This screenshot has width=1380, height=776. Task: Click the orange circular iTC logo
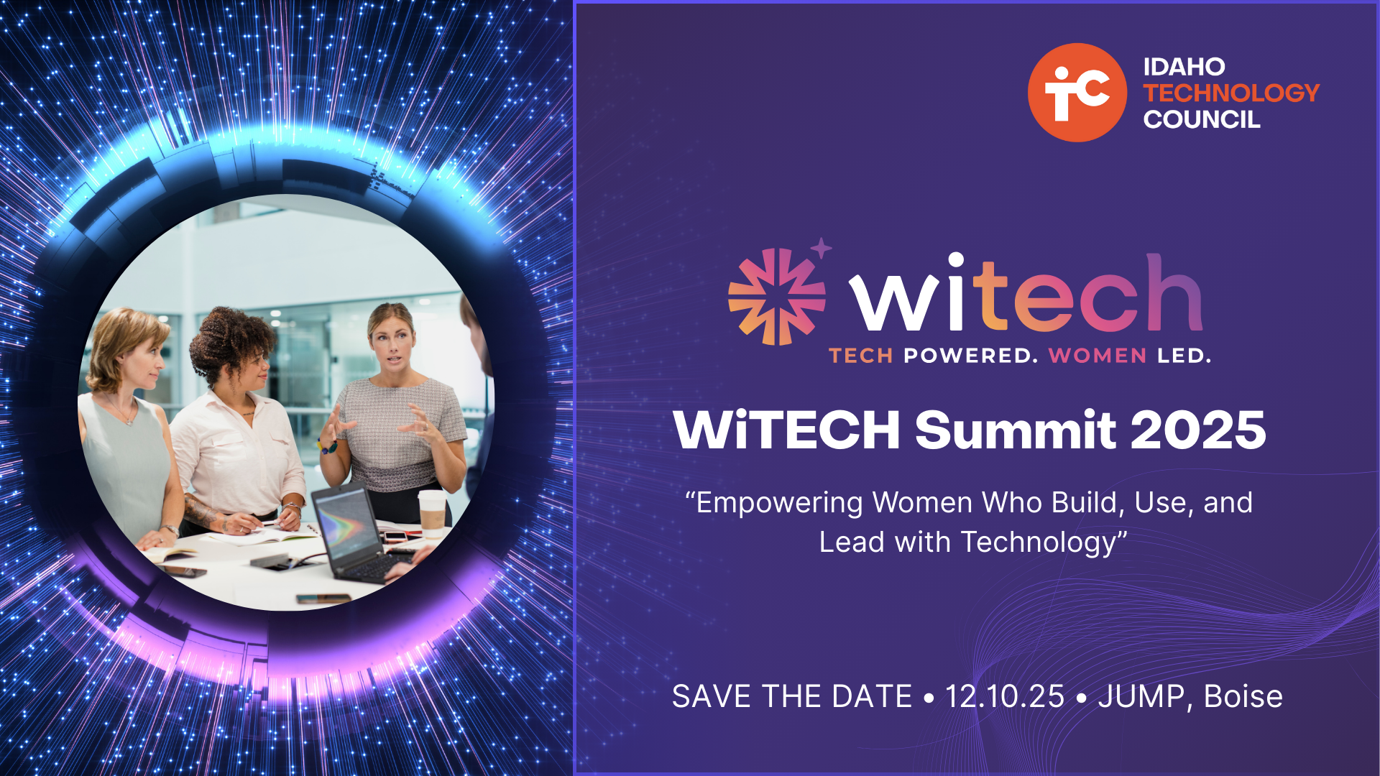pyautogui.click(x=1077, y=93)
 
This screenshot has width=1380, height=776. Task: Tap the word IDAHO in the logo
pyautogui.click(x=1184, y=67)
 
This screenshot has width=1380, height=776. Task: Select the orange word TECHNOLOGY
pyautogui.click(x=1231, y=93)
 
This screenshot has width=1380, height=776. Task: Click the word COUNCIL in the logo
pyautogui.click(x=1202, y=119)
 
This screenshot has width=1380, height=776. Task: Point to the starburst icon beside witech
pyautogui.click(x=776, y=297)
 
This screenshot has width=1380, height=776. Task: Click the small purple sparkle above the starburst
pyautogui.click(x=821, y=249)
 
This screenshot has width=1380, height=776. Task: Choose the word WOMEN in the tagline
pyautogui.click(x=1098, y=356)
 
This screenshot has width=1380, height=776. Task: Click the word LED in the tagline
pyautogui.click(x=1184, y=356)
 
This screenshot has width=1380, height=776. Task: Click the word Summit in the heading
pyautogui.click(x=1016, y=430)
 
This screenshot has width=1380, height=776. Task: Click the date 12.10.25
pyautogui.click(x=1004, y=696)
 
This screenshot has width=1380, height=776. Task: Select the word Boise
pyautogui.click(x=1243, y=696)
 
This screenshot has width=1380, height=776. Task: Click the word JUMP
pyautogui.click(x=1141, y=696)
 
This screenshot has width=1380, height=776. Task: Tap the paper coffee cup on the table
pyautogui.click(x=432, y=514)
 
